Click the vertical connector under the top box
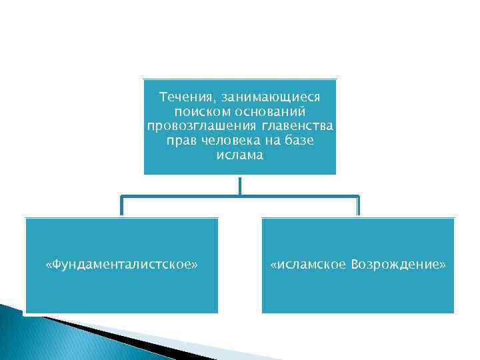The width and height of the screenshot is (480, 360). [239, 185]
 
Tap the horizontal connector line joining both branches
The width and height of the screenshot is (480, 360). [239, 197]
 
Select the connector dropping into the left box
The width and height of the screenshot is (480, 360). [121, 207]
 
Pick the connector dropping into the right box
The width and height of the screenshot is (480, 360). [358, 207]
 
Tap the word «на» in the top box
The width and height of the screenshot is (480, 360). [272, 141]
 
